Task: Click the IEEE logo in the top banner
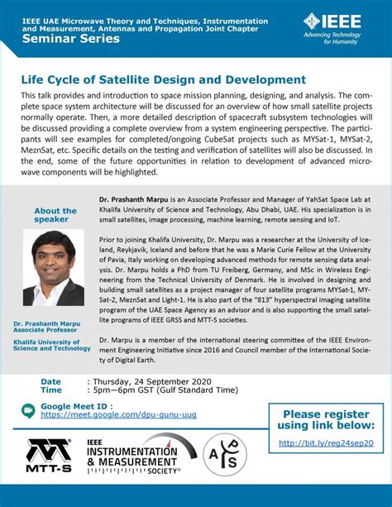(x=335, y=25)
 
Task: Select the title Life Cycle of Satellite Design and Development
(x=164, y=80)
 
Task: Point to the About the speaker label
(x=55, y=216)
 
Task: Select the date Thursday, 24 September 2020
(x=150, y=381)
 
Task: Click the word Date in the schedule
(x=51, y=381)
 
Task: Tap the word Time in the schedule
(x=51, y=390)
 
